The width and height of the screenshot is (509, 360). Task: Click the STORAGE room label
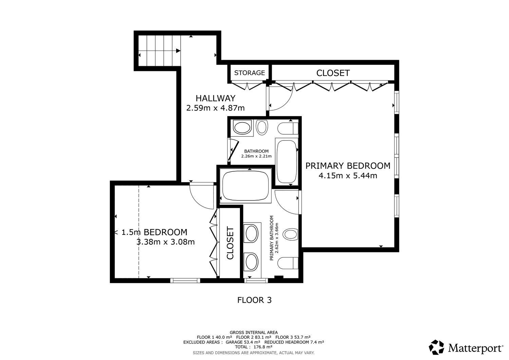(249, 73)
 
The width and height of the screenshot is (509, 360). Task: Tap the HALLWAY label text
(215, 98)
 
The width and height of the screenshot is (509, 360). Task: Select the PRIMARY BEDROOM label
(348, 166)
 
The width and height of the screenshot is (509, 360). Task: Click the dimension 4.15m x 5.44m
(348, 176)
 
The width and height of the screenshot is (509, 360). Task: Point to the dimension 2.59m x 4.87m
(215, 108)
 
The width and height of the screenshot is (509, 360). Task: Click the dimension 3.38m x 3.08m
(166, 242)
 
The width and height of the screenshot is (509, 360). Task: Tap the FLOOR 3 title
(254, 300)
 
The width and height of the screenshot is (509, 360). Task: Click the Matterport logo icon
(436, 347)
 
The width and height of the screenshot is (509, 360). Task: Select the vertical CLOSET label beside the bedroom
(230, 243)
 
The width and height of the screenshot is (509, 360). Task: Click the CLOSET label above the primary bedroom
(333, 73)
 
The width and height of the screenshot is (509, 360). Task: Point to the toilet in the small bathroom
(288, 128)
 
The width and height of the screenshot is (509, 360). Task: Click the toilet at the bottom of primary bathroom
(288, 263)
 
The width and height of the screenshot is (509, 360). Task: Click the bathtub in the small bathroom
(287, 162)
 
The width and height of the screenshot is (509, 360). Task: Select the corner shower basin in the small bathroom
(242, 128)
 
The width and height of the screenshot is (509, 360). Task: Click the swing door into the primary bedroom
(280, 99)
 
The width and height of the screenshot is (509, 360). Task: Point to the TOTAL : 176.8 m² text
(253, 347)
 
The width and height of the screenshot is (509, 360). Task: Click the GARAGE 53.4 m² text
(243, 342)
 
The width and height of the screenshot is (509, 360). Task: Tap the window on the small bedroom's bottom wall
(185, 281)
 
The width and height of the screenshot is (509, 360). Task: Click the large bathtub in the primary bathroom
(245, 186)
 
